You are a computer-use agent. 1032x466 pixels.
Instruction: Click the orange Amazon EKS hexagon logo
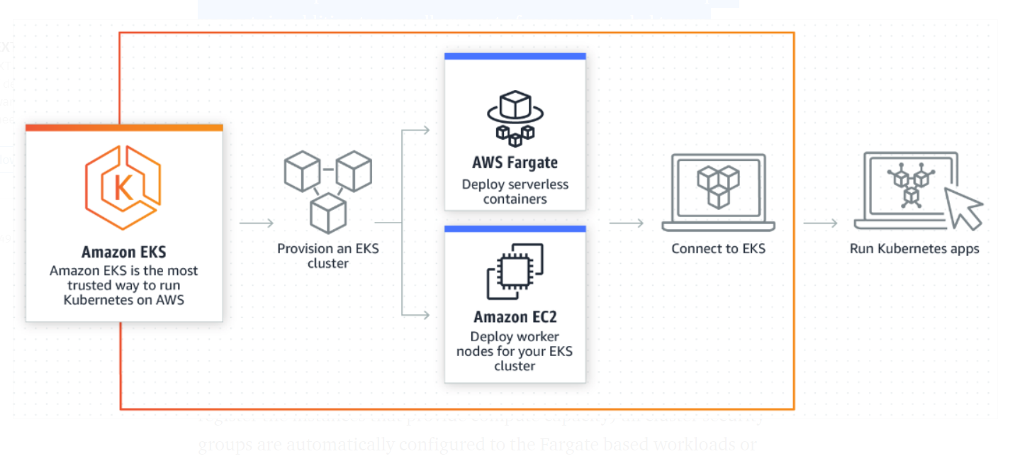(x=123, y=187)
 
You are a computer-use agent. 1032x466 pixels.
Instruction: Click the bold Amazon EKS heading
(x=124, y=253)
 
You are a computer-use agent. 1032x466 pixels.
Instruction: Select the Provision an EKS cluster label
(x=327, y=256)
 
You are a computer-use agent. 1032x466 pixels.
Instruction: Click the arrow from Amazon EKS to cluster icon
(x=257, y=223)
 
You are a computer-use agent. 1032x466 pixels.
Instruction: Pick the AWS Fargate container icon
(x=515, y=118)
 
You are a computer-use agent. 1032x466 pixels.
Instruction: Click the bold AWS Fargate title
(x=515, y=163)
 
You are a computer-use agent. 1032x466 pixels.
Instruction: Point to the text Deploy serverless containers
(x=515, y=192)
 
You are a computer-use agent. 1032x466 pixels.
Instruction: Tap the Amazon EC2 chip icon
(x=515, y=271)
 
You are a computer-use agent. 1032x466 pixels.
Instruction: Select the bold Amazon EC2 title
(x=515, y=316)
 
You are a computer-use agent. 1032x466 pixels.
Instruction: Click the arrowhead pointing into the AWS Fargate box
(x=425, y=130)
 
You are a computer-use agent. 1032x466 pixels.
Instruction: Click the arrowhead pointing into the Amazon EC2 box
(x=425, y=314)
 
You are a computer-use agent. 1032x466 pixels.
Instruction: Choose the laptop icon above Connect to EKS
(x=718, y=192)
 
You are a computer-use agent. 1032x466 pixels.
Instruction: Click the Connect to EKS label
(x=718, y=249)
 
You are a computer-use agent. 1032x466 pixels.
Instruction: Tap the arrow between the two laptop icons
(x=821, y=223)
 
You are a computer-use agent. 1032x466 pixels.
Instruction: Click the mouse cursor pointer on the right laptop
(x=963, y=208)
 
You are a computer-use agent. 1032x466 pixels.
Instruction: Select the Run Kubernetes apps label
(x=914, y=249)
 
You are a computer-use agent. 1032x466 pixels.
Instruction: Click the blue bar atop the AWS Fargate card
(x=515, y=56)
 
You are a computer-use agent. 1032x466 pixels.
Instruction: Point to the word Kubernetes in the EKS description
(x=96, y=300)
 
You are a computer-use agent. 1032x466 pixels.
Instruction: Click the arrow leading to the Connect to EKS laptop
(x=626, y=223)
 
